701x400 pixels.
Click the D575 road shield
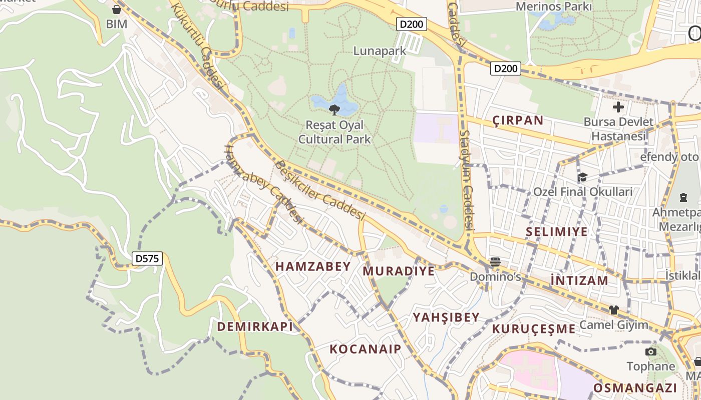click(147, 258)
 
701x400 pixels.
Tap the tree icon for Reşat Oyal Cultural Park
click(334, 109)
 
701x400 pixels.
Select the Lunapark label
click(380, 51)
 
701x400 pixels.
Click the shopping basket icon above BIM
click(117, 9)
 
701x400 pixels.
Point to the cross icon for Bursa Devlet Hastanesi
click(618, 107)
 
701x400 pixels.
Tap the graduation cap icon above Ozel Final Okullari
click(582, 177)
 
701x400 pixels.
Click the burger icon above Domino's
click(495, 261)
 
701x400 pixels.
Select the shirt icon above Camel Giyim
click(614, 310)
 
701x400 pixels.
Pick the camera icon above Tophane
click(651, 352)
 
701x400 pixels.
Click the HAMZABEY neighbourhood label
click(313, 266)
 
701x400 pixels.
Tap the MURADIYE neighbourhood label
click(399, 271)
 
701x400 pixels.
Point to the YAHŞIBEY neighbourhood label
click(446, 317)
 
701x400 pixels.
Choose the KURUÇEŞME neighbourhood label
click(534, 328)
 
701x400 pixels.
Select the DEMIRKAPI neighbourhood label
click(255, 326)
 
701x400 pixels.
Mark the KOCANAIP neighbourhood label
click(366, 349)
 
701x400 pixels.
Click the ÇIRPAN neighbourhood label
click(518, 120)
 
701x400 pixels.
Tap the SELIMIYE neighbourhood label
click(557, 231)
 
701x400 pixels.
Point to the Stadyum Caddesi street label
click(467, 180)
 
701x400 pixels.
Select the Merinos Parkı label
click(554, 6)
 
